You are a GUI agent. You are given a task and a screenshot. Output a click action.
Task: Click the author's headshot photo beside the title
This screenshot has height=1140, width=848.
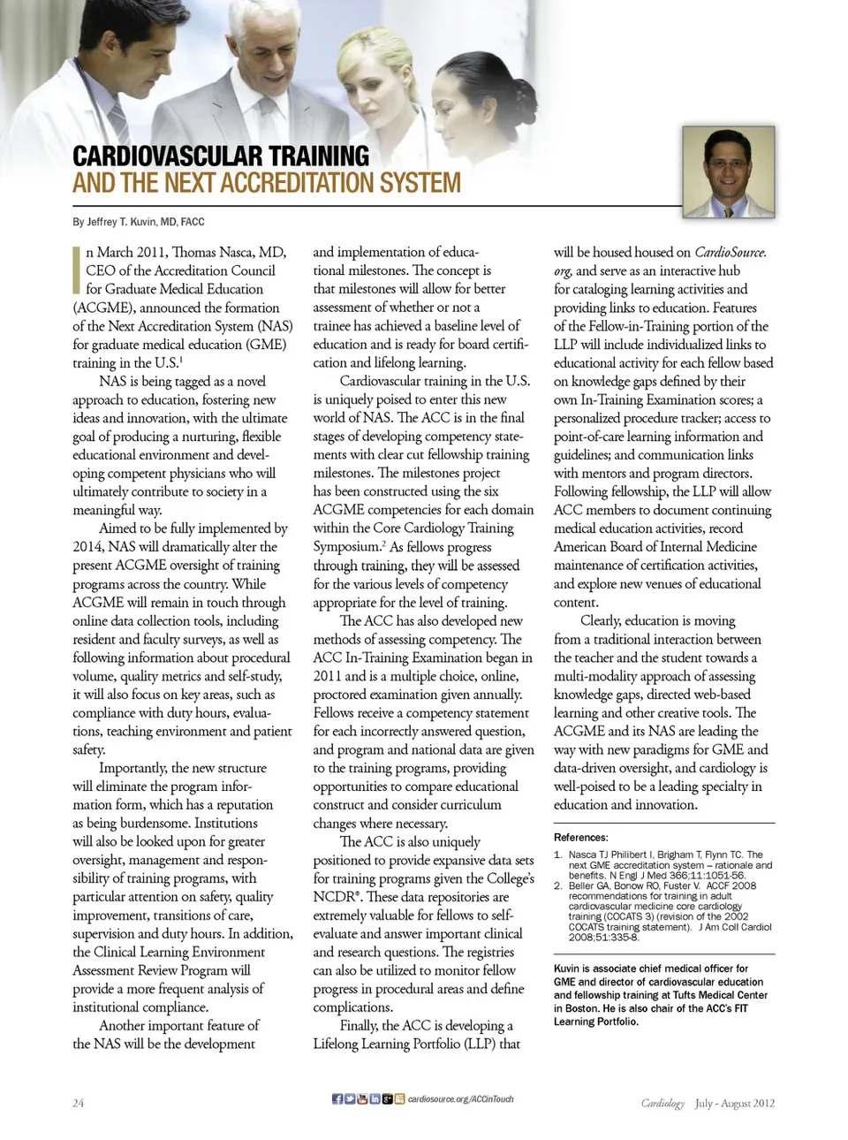tap(728, 171)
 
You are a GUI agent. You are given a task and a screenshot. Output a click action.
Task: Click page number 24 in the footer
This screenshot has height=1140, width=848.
tap(78, 1103)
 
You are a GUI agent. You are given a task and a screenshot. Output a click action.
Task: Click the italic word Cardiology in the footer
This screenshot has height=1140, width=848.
tap(662, 1103)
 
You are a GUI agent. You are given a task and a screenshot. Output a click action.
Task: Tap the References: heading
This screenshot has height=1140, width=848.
tap(580, 837)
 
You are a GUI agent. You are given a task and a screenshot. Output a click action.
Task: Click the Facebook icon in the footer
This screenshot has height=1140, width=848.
tap(337, 1098)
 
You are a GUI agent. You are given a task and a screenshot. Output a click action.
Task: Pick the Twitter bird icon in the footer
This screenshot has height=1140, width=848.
tap(350, 1098)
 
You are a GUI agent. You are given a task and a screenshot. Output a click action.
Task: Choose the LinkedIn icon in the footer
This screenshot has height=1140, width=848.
tap(375, 1098)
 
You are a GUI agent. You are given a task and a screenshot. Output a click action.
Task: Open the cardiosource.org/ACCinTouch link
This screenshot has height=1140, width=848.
tap(460, 1098)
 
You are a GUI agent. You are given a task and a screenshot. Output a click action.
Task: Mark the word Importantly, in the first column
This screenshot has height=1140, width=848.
tap(132, 768)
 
